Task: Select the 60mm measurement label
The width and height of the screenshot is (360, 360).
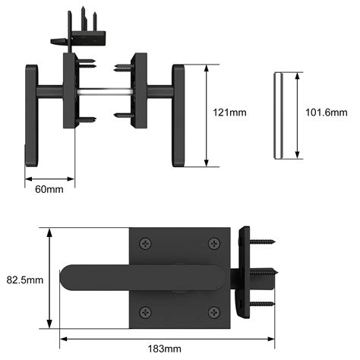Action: pos(49,188)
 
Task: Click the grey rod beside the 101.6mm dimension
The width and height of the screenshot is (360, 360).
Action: pos(278,115)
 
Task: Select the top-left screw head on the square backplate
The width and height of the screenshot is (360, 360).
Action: pos(145,243)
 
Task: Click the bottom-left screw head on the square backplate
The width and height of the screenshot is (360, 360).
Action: pos(145,311)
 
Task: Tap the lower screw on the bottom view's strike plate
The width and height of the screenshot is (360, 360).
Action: pos(263,304)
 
